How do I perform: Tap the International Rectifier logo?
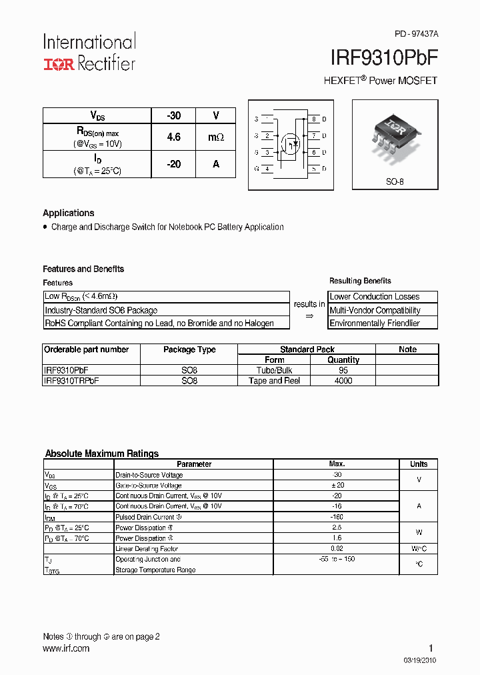coord(89,52)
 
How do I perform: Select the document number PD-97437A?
coord(416,33)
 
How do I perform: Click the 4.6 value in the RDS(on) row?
coord(173,137)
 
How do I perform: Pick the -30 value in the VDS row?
coord(173,115)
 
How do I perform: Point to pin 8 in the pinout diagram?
coord(314,119)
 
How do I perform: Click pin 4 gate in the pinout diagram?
coord(267,169)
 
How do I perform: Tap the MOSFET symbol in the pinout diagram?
coord(290,143)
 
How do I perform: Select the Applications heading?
coord(69,213)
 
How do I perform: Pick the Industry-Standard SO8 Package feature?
coord(101,310)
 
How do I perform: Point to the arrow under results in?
coord(309,317)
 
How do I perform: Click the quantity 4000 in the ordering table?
coord(343,381)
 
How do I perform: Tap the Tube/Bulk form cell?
coord(274,370)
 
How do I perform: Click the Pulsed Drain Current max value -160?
coord(337,517)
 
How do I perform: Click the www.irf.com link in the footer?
coord(66,648)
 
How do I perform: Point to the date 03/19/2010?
coord(421,660)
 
